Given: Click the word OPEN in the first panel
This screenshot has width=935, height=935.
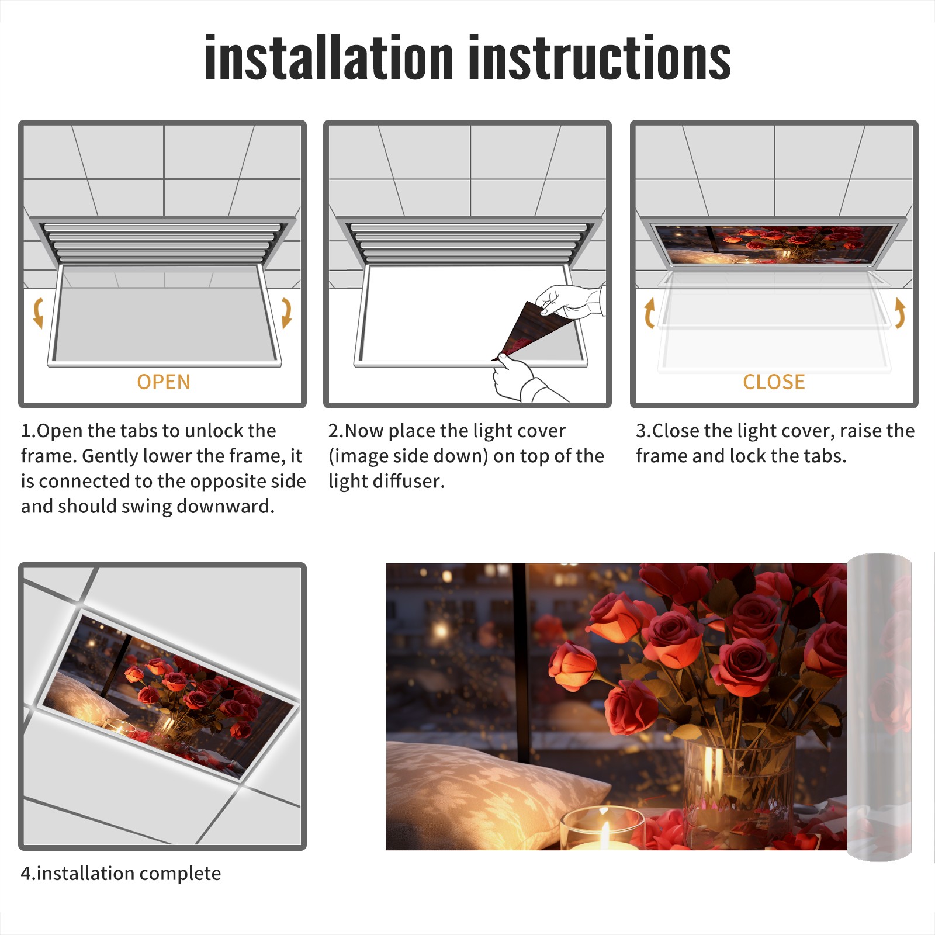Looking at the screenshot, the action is pos(164,382).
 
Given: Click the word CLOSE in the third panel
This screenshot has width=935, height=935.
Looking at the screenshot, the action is pos(774,382).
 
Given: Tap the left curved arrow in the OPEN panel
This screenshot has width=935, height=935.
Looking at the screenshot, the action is pos(39,313).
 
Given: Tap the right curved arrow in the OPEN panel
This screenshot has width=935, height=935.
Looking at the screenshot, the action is pos(286,313).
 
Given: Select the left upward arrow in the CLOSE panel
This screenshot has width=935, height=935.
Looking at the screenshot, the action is pos(649,313).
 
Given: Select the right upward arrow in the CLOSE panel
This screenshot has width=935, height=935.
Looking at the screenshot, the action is pos(900,313).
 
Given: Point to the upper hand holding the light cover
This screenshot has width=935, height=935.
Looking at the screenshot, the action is pos(570,301).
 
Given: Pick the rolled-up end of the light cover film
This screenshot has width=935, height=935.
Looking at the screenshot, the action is pos(879,707).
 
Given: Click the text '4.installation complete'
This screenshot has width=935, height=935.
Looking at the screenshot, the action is pos(121,873).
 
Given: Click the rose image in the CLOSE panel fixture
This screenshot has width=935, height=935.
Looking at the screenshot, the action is pos(774,244).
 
